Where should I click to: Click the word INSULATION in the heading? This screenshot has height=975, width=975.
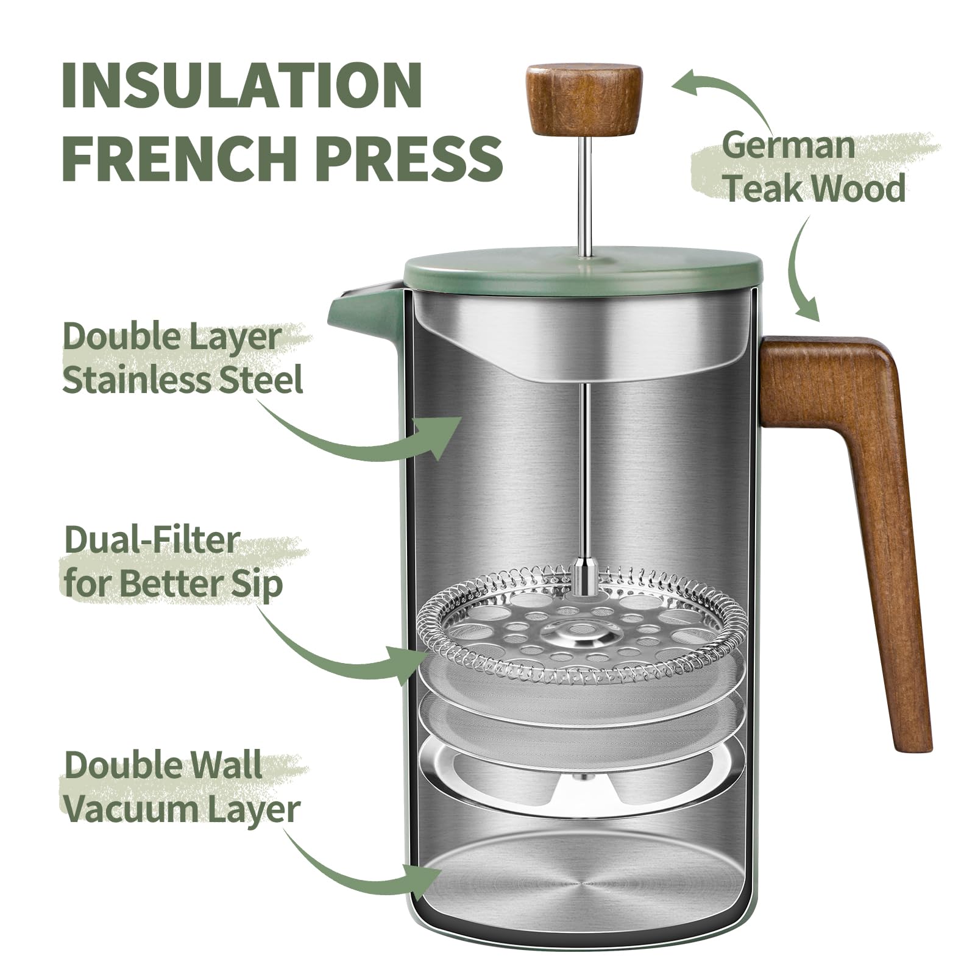[243, 85]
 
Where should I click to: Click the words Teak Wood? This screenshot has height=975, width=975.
[815, 188]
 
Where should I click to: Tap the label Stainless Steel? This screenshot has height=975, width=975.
[182, 380]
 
